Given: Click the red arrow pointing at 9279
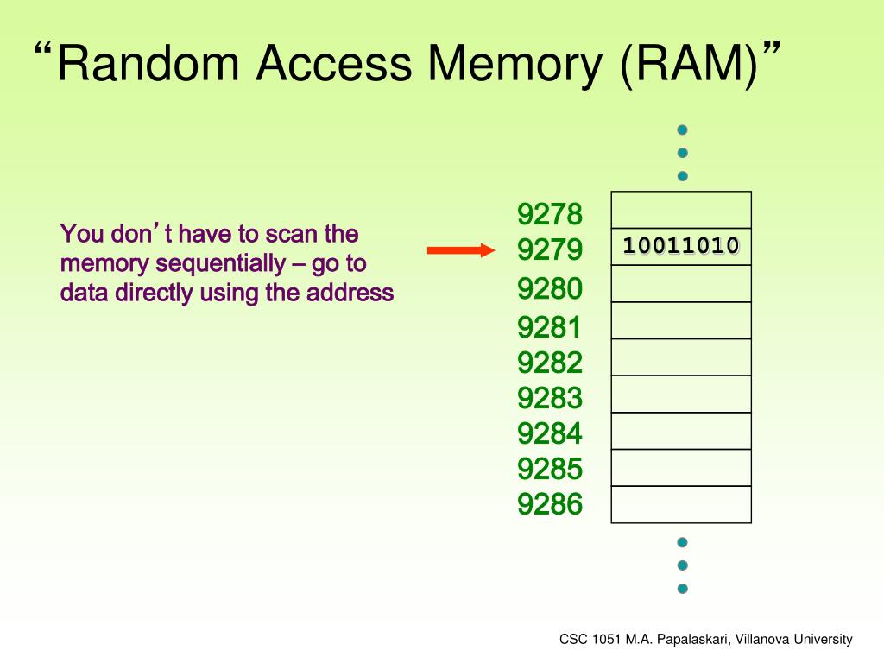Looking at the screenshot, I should point(461,250).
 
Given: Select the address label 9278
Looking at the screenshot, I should point(550,213).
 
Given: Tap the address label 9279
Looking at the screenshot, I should point(550,250).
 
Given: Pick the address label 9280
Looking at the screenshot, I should point(550,288).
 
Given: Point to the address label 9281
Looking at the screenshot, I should point(550,327).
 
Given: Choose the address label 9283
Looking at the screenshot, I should point(550,398).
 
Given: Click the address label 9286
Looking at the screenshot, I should point(550,503).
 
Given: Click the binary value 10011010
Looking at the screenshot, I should point(681,246).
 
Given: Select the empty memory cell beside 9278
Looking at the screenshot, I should point(681,210).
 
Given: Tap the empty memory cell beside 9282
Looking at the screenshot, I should point(681,357).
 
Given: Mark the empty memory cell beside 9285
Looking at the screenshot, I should point(681,468).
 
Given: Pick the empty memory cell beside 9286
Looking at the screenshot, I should point(681,504).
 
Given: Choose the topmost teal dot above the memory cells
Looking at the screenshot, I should point(682,130).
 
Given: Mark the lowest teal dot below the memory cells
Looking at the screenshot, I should point(682,589).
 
